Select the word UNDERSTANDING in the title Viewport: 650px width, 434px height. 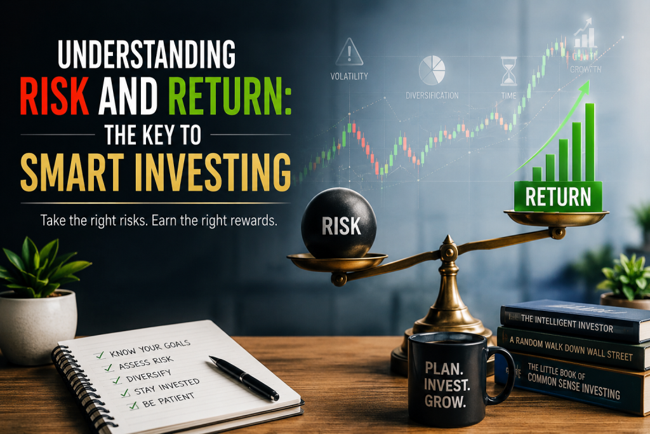point(147,54)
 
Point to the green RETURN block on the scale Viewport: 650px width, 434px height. point(558,196)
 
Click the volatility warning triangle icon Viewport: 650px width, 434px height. point(349,52)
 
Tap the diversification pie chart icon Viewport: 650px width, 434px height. point(432,71)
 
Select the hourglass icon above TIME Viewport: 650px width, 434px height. point(509,71)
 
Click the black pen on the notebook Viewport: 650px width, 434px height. point(244,377)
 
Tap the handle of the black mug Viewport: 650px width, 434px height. point(503,376)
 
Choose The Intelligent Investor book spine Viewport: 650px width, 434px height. point(574,321)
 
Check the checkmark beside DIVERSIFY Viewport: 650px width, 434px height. point(117,379)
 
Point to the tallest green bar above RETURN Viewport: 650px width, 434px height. point(590,142)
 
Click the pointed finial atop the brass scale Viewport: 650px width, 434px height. point(448,240)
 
